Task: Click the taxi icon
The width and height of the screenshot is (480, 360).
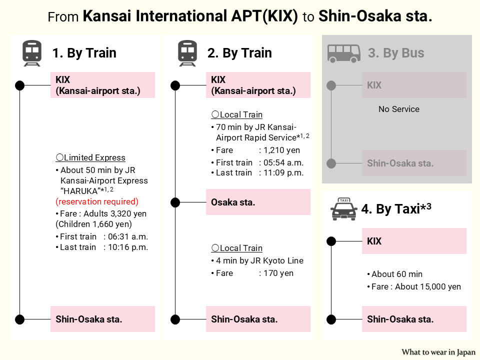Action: tap(343, 209)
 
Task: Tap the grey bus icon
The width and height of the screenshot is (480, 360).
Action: tap(344, 53)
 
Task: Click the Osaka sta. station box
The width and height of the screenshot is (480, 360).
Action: tap(258, 202)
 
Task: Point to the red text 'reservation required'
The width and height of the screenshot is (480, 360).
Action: tap(97, 201)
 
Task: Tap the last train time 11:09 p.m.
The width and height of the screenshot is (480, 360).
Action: tap(281, 172)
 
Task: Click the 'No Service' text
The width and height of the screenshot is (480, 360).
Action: tap(399, 109)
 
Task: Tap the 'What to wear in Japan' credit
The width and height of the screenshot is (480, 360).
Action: tap(438, 352)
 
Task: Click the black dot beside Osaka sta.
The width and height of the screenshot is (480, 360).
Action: tap(175, 202)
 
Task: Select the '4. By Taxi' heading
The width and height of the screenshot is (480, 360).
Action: tap(396, 209)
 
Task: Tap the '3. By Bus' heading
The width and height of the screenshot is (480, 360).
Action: tap(396, 53)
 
